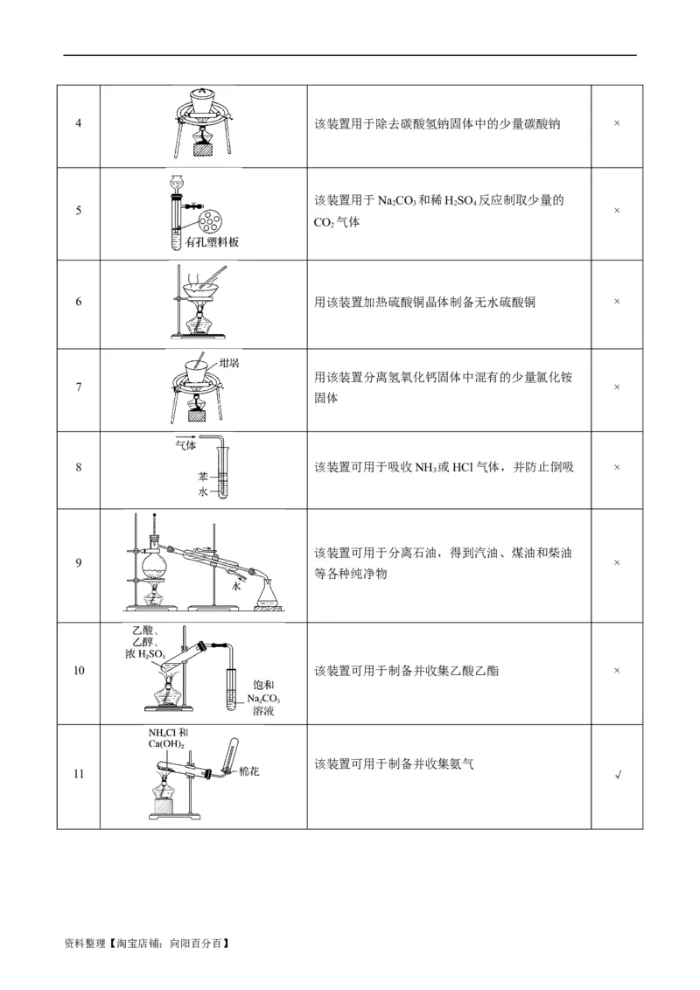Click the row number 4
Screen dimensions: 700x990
tap(79, 123)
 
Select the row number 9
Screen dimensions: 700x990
tap(79, 562)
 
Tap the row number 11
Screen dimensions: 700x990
tap(79, 774)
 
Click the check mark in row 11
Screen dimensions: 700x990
tap(618, 775)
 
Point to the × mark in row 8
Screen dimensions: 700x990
tap(617, 467)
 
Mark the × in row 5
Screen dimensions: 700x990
tap(617, 211)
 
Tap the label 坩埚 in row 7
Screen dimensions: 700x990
tap(229, 361)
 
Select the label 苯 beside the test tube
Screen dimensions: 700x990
tap(202, 478)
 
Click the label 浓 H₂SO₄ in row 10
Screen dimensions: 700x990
tap(144, 653)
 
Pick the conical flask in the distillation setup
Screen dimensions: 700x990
tap(268, 597)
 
